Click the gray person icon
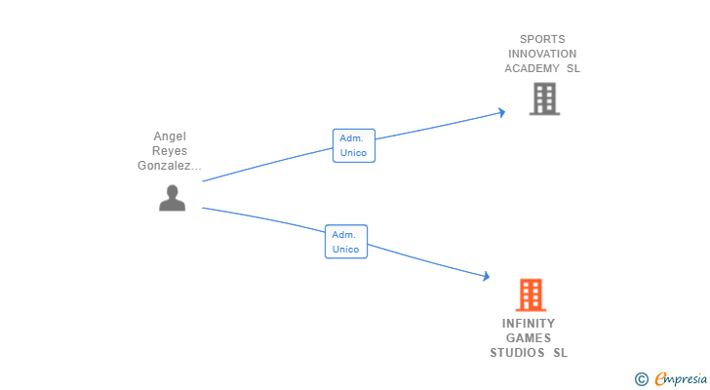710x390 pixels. pyautogui.click(x=172, y=198)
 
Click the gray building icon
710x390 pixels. pyautogui.click(x=545, y=98)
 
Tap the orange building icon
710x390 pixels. pyautogui.click(x=531, y=295)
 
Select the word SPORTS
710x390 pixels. pyautogui.click(x=542, y=39)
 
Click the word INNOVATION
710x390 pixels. pyautogui.click(x=542, y=54)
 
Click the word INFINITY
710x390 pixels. pyautogui.click(x=529, y=324)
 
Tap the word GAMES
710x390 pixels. pyautogui.click(x=529, y=338)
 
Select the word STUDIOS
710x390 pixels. pyautogui.click(x=518, y=352)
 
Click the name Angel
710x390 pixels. pyautogui.click(x=170, y=136)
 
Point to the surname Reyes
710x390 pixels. pyautogui.click(x=170, y=151)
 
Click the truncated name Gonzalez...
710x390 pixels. pyautogui.click(x=170, y=166)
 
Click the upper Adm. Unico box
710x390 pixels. pyautogui.click(x=354, y=145)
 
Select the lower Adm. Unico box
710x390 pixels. pyautogui.click(x=346, y=242)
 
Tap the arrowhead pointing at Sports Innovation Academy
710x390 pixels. pyautogui.click(x=501, y=112)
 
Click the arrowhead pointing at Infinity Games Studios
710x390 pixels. pyautogui.click(x=487, y=276)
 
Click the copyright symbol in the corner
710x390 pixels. pyautogui.click(x=642, y=379)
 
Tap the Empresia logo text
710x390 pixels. pyautogui.click(x=681, y=378)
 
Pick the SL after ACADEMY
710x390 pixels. pyautogui.click(x=573, y=68)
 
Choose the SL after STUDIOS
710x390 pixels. pyautogui.click(x=560, y=352)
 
